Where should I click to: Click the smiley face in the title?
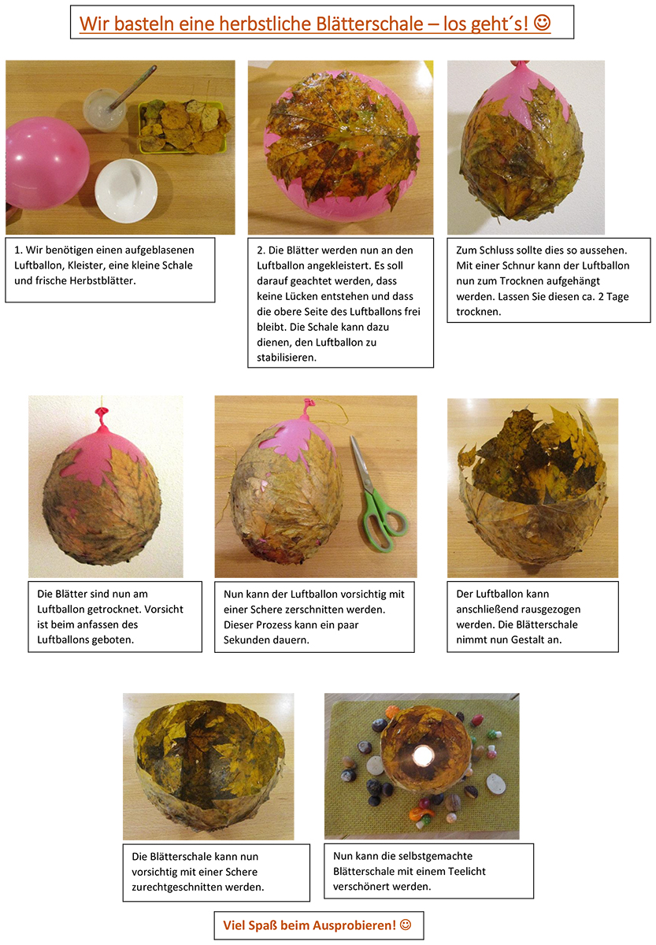[542, 22]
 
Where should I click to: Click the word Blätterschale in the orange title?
[369, 23]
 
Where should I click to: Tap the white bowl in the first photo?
[126, 190]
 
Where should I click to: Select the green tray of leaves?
[183, 127]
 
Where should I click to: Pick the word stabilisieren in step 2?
[287, 358]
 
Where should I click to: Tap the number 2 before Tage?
[601, 296]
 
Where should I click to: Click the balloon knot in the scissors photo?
[309, 404]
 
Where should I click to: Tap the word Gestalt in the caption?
[528, 639]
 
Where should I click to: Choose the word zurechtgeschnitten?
[198, 888]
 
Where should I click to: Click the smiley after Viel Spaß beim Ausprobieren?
[405, 925]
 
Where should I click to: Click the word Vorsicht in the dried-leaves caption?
[164, 610]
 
